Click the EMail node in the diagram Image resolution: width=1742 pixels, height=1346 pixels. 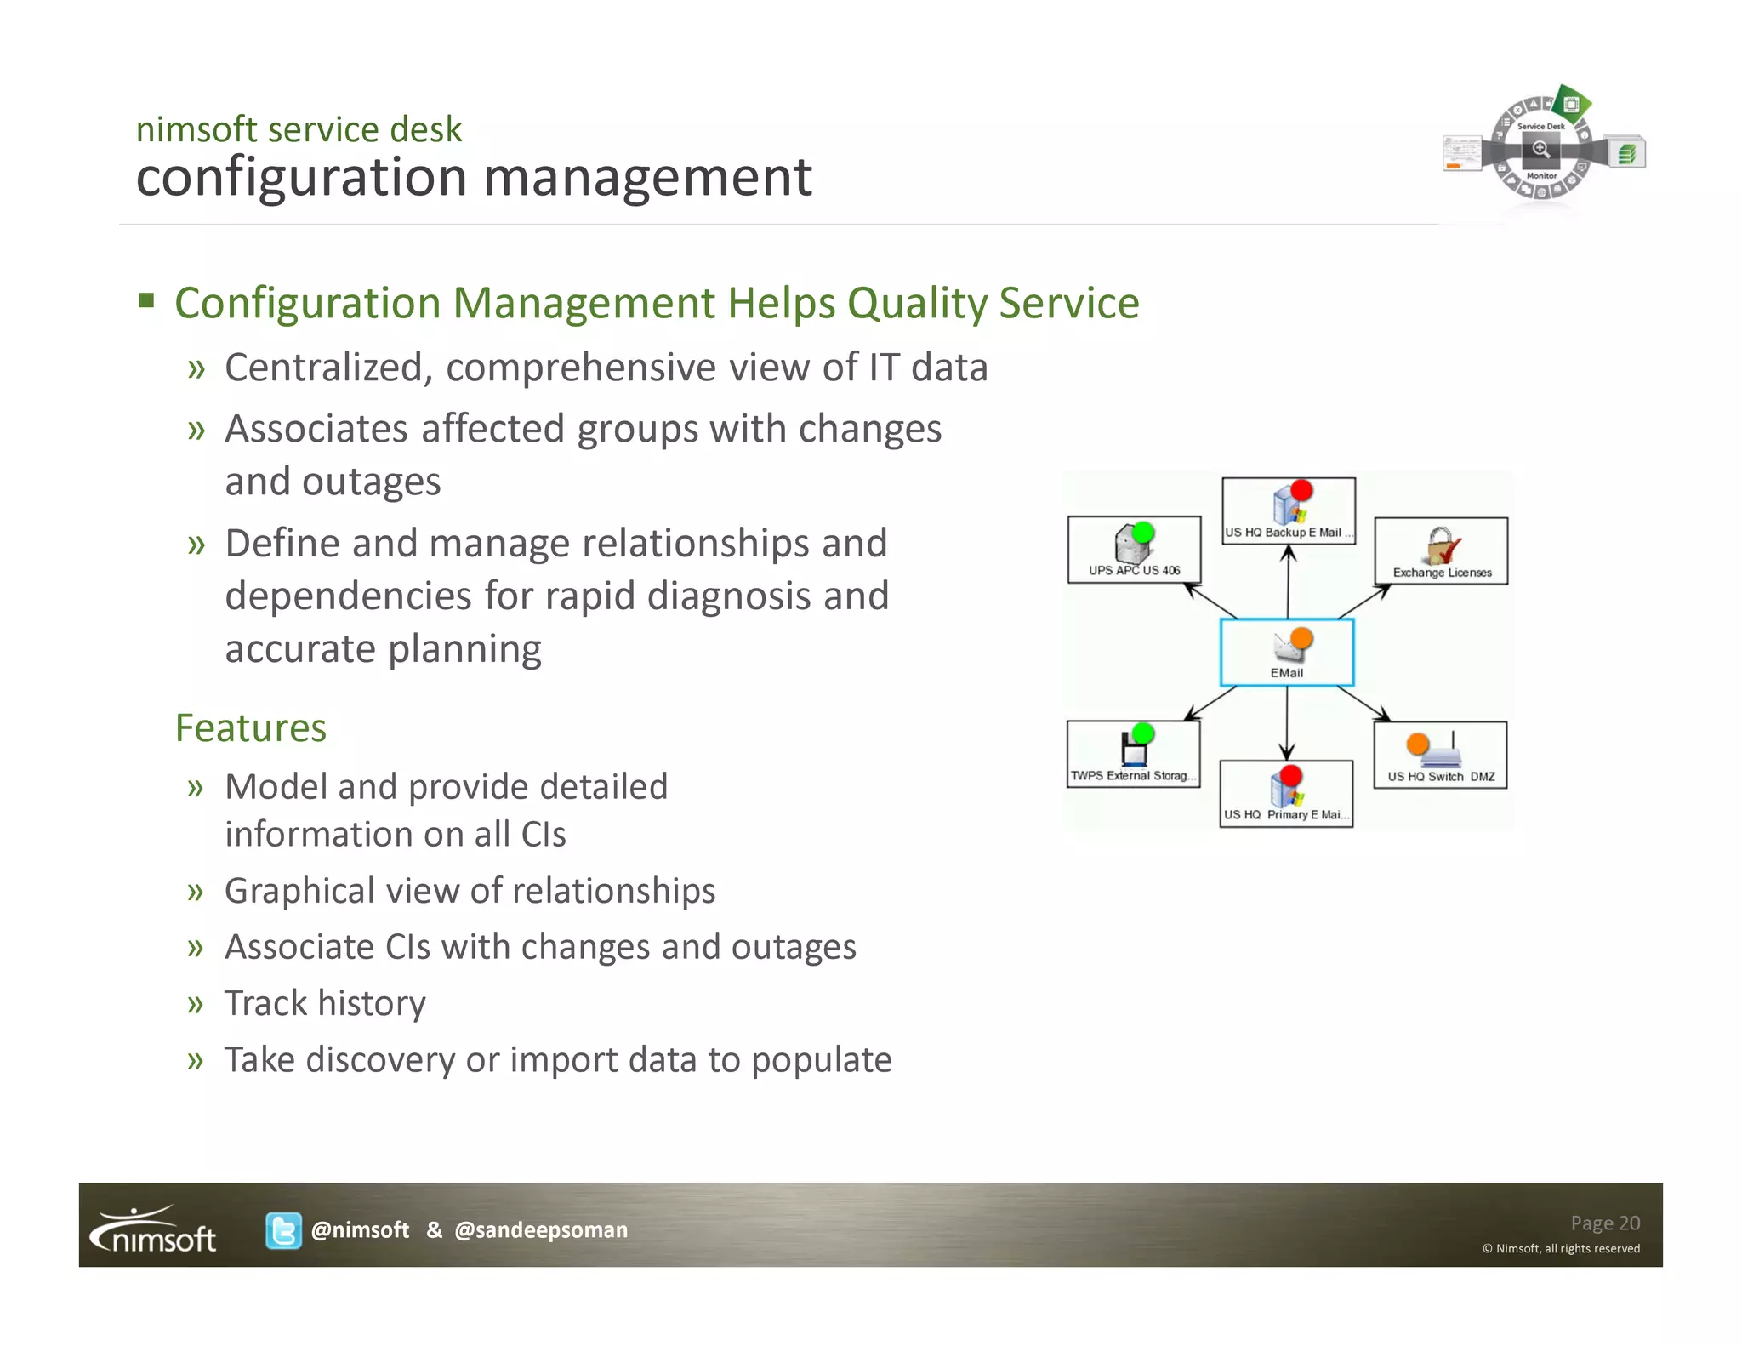click(1286, 653)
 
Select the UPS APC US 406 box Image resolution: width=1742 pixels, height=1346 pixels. click(1134, 550)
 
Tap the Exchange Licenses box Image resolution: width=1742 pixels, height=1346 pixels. click(1441, 551)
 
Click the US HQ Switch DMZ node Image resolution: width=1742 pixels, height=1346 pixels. click(1440, 756)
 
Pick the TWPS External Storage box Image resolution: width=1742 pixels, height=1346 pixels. click(1133, 755)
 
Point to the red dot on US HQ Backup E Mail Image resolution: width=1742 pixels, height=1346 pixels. click(1301, 491)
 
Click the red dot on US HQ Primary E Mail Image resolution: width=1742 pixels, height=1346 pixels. click(1291, 775)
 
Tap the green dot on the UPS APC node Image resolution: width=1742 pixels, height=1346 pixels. click(1143, 533)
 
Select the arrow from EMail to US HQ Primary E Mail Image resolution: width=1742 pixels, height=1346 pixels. click(1287, 723)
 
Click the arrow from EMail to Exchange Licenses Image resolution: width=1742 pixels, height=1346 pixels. click(1363, 602)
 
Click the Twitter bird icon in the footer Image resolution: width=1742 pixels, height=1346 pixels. click(283, 1230)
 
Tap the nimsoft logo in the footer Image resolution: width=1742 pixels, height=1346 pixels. click(154, 1230)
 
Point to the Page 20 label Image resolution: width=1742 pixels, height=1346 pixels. click(1604, 1223)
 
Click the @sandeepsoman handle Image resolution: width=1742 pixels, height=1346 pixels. click(541, 1230)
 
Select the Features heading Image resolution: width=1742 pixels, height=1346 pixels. click(251, 728)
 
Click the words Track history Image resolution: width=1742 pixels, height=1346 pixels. click(325, 1004)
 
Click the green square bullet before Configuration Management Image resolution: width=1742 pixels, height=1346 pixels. click(147, 300)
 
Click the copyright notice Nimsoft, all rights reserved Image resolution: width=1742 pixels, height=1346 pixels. click(1561, 1249)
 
